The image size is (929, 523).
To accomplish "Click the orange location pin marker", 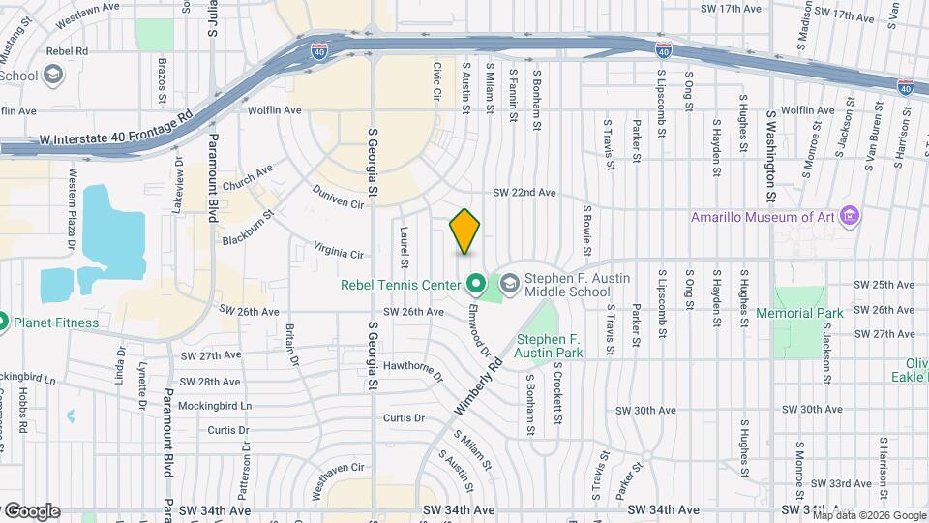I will pyautogui.click(x=465, y=231).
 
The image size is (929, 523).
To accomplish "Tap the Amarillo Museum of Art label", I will pyautogui.click(x=761, y=217).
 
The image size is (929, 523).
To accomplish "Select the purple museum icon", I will pyautogui.click(x=850, y=215).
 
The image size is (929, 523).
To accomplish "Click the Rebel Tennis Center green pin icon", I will pyautogui.click(x=475, y=284).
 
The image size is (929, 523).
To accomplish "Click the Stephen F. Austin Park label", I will pyautogui.click(x=549, y=347).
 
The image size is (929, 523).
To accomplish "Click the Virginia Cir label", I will pyautogui.click(x=338, y=252).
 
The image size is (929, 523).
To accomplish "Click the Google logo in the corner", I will pyautogui.click(x=31, y=510).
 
